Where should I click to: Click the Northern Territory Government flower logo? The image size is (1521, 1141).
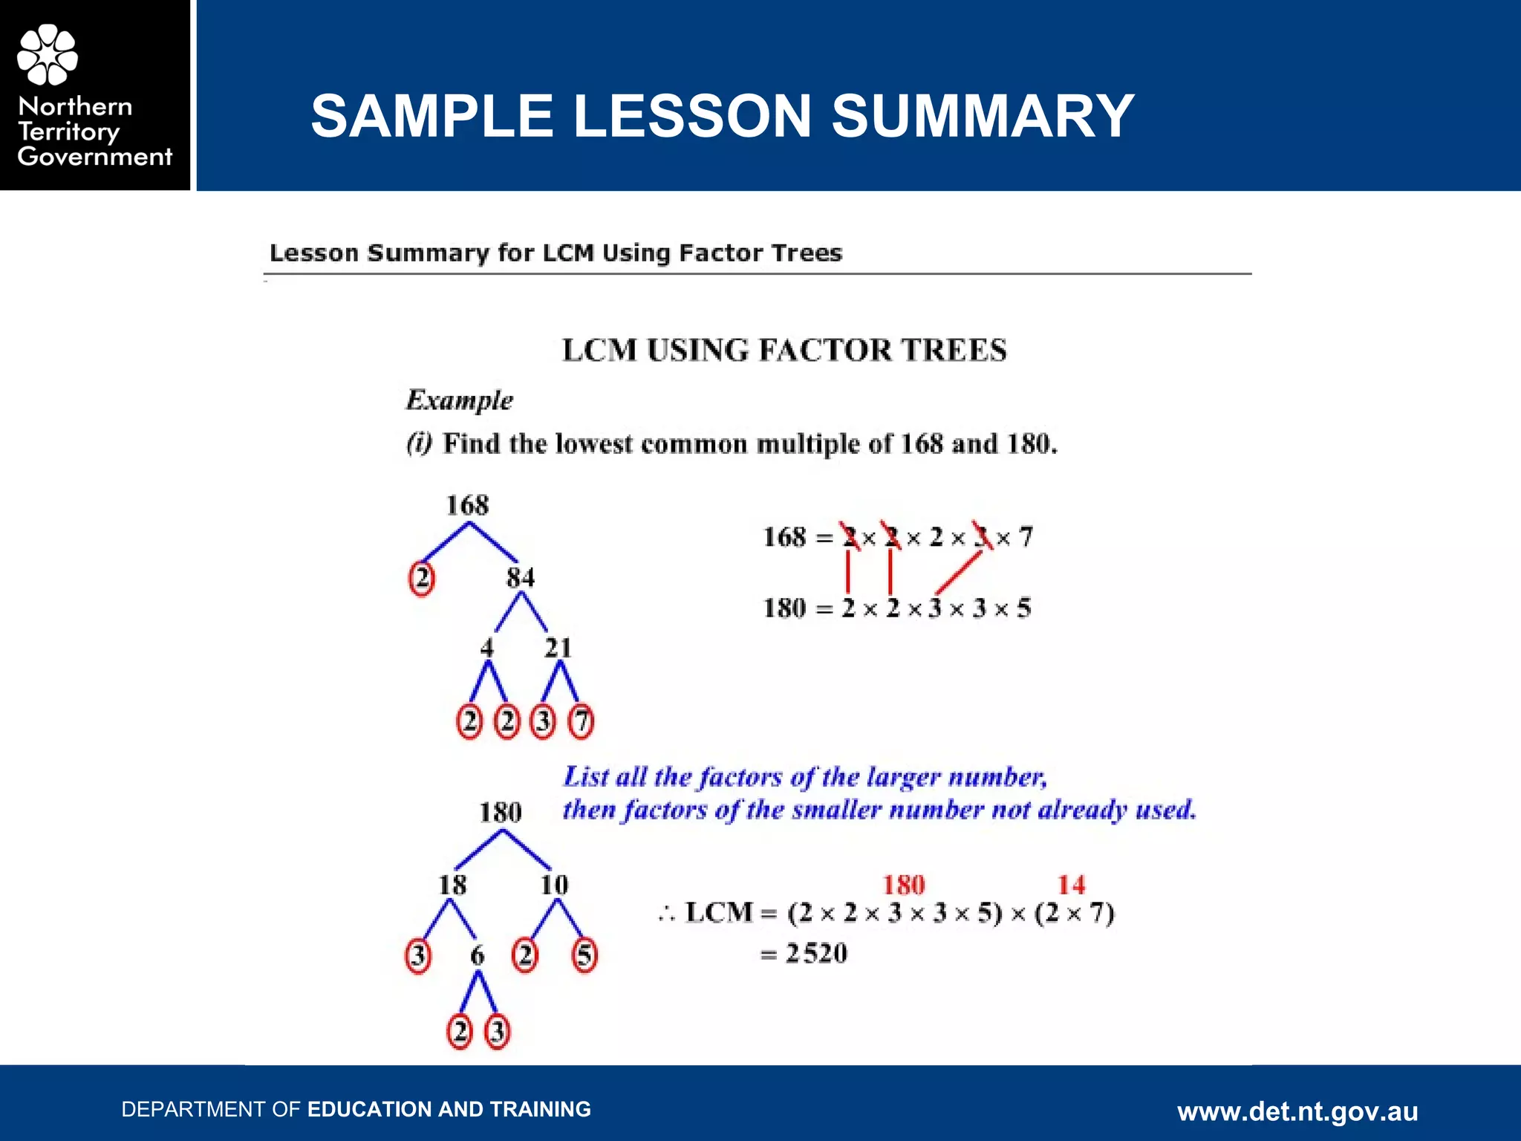[x=48, y=54]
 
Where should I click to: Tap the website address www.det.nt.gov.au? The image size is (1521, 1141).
[x=1297, y=1111]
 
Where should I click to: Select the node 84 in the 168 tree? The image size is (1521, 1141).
[x=520, y=577]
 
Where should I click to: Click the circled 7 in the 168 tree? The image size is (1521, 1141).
[x=581, y=721]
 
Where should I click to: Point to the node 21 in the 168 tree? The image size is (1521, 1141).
[x=558, y=648]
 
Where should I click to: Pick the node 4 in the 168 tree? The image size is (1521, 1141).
[x=486, y=648]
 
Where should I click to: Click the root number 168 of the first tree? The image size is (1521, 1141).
[x=467, y=505]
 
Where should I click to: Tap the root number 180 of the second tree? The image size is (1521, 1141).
[x=501, y=812]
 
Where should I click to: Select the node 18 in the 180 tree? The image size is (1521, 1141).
[x=452, y=885]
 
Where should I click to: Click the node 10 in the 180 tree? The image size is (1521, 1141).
[x=554, y=885]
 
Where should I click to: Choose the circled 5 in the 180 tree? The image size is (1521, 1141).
[x=584, y=955]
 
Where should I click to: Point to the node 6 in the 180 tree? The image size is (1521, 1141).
[x=478, y=955]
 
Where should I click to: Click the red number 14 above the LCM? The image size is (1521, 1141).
[x=1071, y=885]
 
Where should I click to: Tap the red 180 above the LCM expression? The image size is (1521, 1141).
[x=904, y=885]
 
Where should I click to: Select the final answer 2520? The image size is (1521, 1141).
[x=816, y=953]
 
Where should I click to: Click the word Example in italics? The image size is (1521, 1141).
[x=460, y=400]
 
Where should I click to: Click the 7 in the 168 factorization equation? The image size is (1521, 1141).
[x=1026, y=536]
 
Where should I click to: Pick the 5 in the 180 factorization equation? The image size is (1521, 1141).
[x=1024, y=608]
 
